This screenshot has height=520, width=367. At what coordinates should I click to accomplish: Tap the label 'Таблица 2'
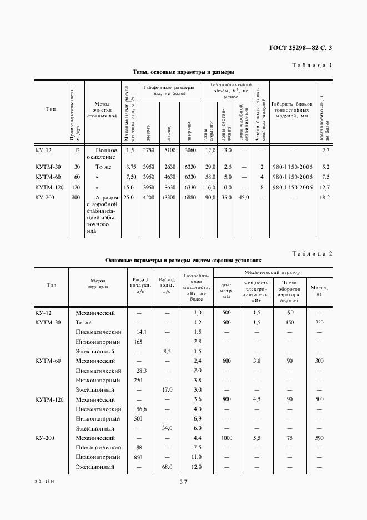(x=311, y=253)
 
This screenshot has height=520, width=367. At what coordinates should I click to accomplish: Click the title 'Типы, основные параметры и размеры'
(x=183, y=72)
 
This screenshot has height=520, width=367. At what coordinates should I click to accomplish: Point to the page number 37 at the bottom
(x=183, y=482)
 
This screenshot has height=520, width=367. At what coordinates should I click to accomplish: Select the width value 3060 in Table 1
(x=190, y=150)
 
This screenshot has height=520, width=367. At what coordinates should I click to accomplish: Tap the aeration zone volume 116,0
(x=209, y=187)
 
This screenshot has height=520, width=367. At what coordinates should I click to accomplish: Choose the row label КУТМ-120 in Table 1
(x=48, y=187)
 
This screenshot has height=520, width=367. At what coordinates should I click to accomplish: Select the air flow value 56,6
(x=140, y=409)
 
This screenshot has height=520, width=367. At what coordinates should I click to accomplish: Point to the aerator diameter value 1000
(x=226, y=438)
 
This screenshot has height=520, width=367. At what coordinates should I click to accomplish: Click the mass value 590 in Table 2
(x=319, y=438)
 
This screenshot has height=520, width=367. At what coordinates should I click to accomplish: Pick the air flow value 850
(x=138, y=457)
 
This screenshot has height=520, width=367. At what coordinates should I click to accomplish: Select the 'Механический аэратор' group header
(x=272, y=273)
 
